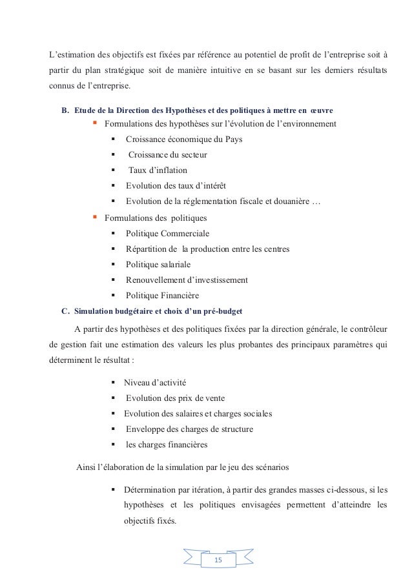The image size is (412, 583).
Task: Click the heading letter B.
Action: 65,110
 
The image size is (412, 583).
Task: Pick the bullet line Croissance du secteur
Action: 167,155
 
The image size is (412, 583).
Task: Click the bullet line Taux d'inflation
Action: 158,170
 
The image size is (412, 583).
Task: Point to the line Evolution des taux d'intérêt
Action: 176,186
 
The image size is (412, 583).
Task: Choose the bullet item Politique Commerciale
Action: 167,233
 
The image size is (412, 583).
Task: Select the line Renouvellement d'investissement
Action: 187,280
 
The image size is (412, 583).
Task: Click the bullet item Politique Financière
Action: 162,296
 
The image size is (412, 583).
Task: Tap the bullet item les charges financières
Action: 167,444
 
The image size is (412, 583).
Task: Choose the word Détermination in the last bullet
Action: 150,490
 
